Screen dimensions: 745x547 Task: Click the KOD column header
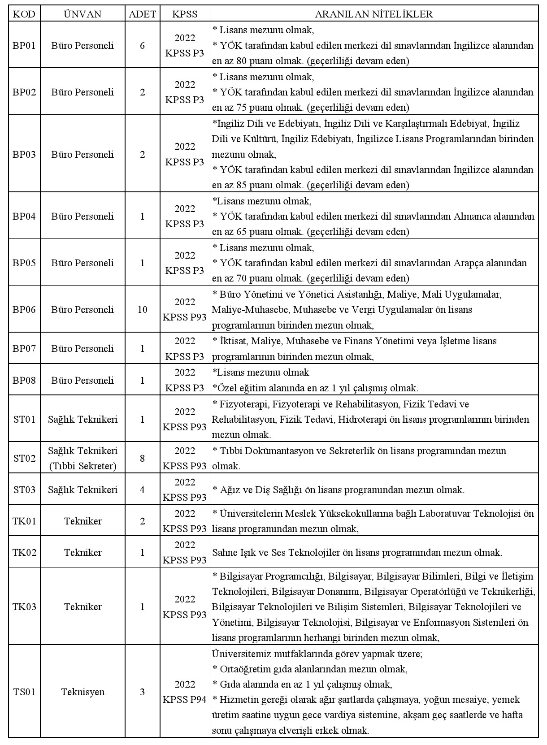(x=24, y=14)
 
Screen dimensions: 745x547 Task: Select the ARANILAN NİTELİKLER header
(x=374, y=14)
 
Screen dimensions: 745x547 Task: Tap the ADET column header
(x=143, y=14)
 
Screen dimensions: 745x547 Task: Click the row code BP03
(x=24, y=155)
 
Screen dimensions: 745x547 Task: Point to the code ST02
(x=24, y=458)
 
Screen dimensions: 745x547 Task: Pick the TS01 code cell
(x=24, y=692)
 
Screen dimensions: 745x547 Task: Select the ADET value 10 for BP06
(x=143, y=309)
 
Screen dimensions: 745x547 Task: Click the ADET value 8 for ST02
(x=143, y=458)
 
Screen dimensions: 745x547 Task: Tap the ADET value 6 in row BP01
(x=143, y=45)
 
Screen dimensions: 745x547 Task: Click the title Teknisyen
(x=83, y=692)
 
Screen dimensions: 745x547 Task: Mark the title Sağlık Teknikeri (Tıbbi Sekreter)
(x=83, y=458)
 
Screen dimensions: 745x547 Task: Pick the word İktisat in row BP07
(x=234, y=341)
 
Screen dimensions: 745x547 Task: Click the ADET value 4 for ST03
(x=143, y=489)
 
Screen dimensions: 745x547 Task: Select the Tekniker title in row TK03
(x=83, y=607)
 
